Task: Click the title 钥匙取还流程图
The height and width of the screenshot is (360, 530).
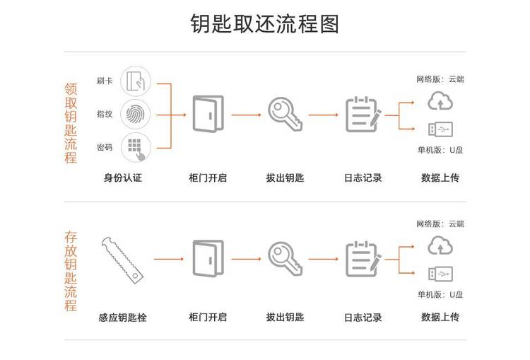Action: click(x=265, y=23)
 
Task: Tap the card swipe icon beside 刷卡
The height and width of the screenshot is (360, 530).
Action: click(x=136, y=80)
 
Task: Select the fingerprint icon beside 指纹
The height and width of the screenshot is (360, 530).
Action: click(x=136, y=113)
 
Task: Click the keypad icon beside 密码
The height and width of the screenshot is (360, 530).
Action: click(x=136, y=146)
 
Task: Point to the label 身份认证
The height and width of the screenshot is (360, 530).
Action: click(x=123, y=178)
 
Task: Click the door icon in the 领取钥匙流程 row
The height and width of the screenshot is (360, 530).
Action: click(x=208, y=113)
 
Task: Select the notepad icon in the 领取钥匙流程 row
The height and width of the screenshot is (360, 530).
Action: click(x=363, y=113)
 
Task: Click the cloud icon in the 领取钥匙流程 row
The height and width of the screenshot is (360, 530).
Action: click(x=440, y=101)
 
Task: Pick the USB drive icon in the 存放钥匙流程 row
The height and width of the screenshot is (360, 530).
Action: click(x=440, y=273)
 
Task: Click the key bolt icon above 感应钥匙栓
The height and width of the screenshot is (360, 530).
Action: click(x=123, y=257)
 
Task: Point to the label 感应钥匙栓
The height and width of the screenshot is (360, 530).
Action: click(x=123, y=318)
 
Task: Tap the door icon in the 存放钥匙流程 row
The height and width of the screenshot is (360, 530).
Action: click(x=208, y=257)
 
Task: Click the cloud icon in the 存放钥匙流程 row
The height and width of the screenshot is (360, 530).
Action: click(x=440, y=245)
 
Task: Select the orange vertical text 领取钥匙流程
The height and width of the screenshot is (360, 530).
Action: click(x=71, y=123)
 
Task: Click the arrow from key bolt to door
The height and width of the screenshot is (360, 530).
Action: click(x=168, y=258)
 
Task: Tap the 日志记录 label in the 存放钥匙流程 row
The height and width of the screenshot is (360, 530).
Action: click(x=363, y=318)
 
